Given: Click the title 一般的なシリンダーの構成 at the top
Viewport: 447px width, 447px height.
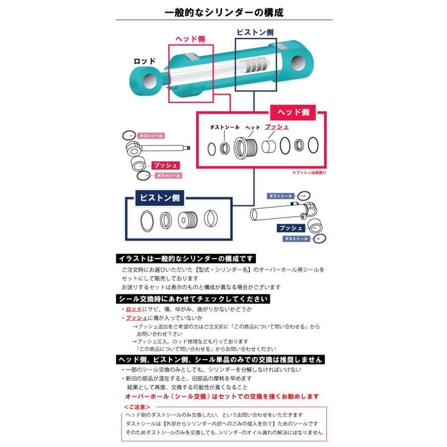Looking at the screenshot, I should coord(223,12).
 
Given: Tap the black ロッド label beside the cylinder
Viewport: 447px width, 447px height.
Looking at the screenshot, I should coord(145,61).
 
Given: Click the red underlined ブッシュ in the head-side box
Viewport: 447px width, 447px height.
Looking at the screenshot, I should coord(277,127).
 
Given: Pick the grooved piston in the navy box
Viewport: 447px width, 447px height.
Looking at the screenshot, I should coord(188,219).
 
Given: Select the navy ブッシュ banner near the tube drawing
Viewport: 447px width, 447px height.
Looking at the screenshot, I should coord(291,228).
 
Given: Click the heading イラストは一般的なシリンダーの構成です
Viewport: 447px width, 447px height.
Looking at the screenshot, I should coord(186,259).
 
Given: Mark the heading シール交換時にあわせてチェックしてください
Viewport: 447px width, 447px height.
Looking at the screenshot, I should coord(193,299).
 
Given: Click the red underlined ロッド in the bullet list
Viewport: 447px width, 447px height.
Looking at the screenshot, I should coord(134,309).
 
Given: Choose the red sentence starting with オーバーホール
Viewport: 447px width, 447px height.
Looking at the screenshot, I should coord(222,396).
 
